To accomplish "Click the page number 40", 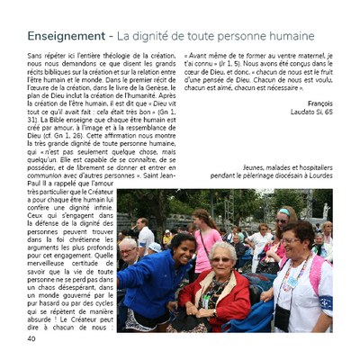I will [x=31, y=339].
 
